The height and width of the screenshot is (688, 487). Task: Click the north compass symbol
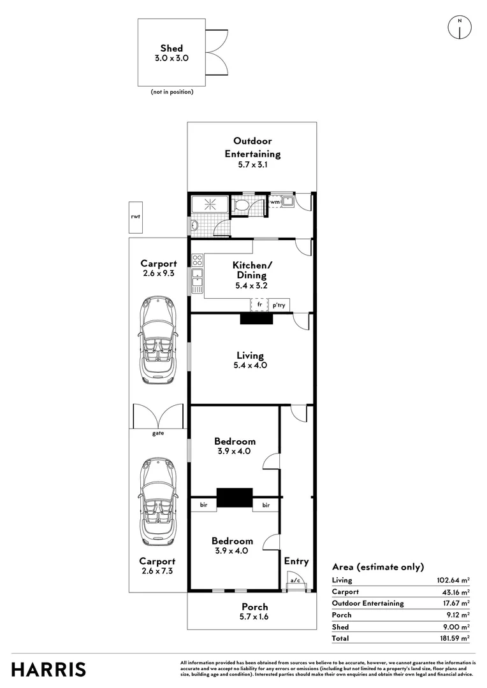coord(459,27)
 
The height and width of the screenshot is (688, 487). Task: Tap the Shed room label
coord(171,48)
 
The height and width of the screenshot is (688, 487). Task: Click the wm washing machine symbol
coord(275,203)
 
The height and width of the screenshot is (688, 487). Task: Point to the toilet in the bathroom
coord(241,205)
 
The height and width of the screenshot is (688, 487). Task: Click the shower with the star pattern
coord(210,204)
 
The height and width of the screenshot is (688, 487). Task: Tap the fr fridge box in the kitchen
coord(259,305)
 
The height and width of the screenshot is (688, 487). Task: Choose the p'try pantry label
coord(279,306)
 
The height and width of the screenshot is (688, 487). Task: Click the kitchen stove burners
coord(198,260)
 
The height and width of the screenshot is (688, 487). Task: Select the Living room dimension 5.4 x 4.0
coord(250,366)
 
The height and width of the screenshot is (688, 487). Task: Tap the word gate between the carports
coord(157,433)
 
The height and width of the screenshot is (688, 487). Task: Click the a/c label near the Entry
coord(295,580)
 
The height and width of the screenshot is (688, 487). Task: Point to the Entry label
coord(296,561)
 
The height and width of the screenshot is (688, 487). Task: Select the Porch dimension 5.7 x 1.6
coord(254,617)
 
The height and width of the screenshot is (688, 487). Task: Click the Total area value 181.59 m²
coord(454,638)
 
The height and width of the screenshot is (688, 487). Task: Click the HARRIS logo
coord(49,670)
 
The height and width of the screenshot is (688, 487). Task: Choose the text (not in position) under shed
coord(171,92)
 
